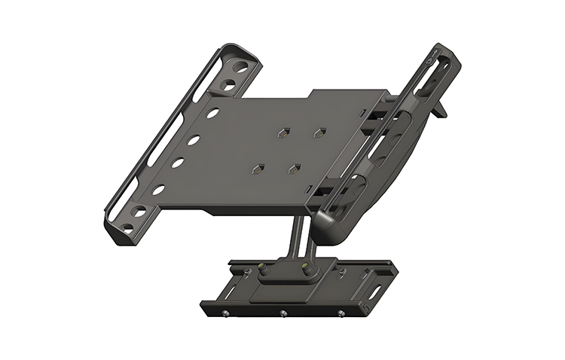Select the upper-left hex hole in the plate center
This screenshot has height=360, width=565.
tap(281, 133)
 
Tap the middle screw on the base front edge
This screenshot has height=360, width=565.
tap(282, 314)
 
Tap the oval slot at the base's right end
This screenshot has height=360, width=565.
tap(374, 288)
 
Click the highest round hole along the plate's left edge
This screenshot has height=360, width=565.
tap(213, 114)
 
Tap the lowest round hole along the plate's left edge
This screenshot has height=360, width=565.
tap(159, 190)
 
